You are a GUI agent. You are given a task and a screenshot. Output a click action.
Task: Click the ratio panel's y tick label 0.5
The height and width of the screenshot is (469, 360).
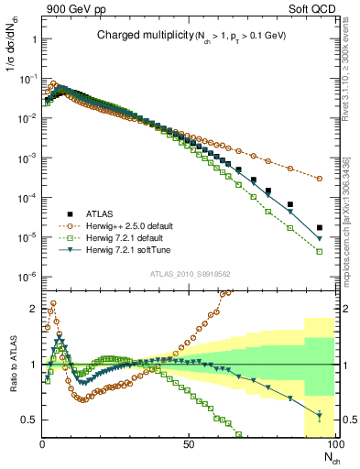point(30,420)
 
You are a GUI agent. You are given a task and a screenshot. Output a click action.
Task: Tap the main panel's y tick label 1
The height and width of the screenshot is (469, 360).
point(34,41)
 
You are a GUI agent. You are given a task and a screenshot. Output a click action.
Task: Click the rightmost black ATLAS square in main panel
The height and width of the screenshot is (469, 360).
point(319,227)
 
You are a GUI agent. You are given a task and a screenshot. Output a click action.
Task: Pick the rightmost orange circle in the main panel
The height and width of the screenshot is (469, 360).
point(319,179)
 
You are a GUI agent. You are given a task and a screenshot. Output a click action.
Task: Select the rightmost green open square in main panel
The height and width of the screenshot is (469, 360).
point(319,251)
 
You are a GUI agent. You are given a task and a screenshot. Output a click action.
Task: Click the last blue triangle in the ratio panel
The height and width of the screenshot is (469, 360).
point(319,416)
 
